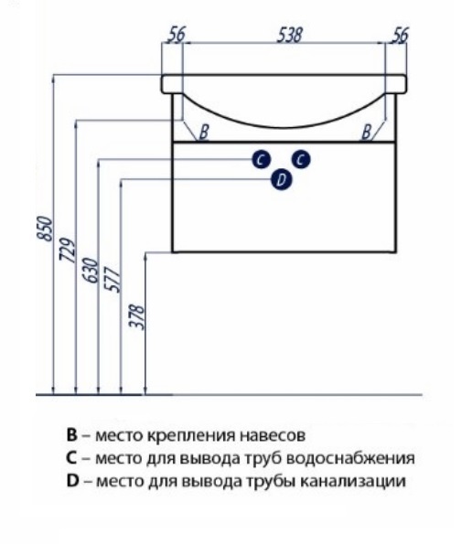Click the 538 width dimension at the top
290,35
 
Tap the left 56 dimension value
177,35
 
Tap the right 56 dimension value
400,35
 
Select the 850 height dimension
45,228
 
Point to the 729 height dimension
68,250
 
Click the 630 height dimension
90,271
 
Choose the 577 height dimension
113,279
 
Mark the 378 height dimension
136,316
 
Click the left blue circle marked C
262,160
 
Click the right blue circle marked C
301,160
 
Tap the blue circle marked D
282,180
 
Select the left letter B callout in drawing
204,133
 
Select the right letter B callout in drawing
366,133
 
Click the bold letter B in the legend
72,434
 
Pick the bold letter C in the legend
71,458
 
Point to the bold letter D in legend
72,481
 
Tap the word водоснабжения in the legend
351,459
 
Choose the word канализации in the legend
353,482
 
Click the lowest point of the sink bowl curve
283,127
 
